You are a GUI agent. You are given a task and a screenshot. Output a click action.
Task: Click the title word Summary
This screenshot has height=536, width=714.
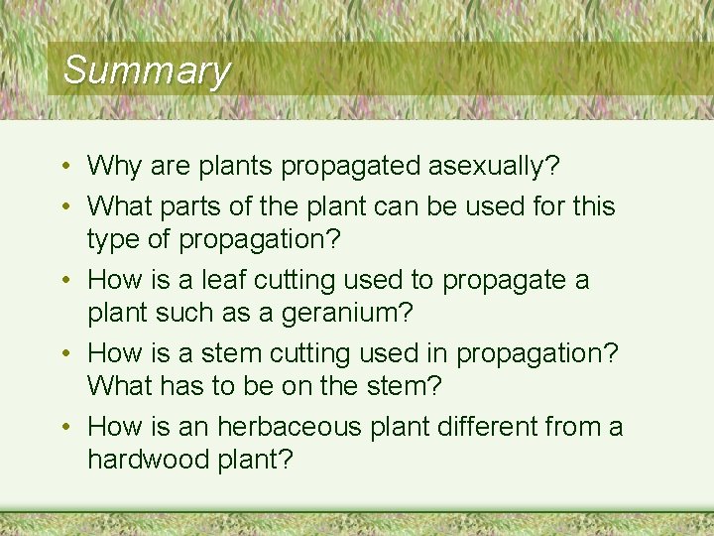pyautogui.click(x=146, y=70)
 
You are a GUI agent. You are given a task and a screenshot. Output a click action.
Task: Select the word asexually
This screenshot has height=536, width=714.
pyautogui.click(x=504, y=165)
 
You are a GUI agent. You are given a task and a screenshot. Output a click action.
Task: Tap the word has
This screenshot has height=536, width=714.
pyautogui.click(x=199, y=386)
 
